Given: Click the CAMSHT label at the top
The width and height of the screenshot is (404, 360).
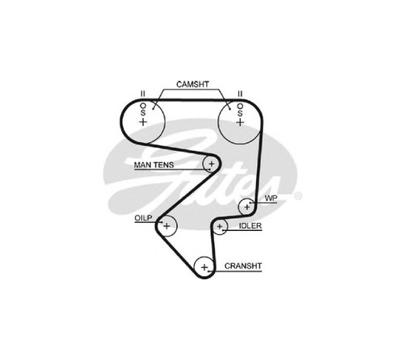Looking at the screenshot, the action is (x=192, y=85).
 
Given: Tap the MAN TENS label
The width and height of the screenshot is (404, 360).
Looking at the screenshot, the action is (x=154, y=165).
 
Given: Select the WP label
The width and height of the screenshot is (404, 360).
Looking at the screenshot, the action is (x=271, y=199).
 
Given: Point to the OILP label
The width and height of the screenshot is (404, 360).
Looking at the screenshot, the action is (x=143, y=218).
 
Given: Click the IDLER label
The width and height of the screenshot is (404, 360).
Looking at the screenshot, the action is (x=250, y=226).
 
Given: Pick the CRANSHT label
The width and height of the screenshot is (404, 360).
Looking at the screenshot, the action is (x=243, y=266).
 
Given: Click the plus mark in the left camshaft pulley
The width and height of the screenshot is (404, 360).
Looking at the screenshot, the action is (x=143, y=122).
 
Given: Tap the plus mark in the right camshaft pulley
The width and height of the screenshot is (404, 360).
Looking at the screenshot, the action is (x=240, y=123).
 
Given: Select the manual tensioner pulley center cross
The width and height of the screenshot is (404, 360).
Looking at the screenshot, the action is (x=212, y=163).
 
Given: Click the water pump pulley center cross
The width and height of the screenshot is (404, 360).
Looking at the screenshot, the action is (x=247, y=207).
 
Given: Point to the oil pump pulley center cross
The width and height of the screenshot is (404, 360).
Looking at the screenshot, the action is (x=166, y=226).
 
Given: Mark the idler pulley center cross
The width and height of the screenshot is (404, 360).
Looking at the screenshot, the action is (x=220, y=227).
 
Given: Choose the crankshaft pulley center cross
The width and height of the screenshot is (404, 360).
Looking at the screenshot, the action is (x=204, y=267).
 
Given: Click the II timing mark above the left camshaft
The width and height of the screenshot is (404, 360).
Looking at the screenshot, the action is (x=143, y=94).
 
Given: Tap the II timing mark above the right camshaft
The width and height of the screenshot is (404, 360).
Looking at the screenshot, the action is (x=240, y=94).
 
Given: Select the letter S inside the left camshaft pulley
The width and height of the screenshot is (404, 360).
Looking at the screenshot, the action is (x=143, y=112).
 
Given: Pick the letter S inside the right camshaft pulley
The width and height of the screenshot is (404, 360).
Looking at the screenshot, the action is (x=240, y=113).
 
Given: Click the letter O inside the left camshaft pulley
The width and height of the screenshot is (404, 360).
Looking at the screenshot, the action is (x=143, y=106).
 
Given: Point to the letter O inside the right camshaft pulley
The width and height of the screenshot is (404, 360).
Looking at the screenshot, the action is (x=240, y=107).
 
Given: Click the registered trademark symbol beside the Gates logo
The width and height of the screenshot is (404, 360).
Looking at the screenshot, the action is (x=297, y=196).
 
